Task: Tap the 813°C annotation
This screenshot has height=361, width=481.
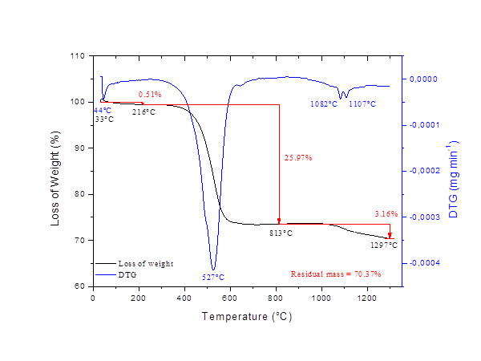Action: (281, 233)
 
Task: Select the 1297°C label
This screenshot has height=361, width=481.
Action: (384, 245)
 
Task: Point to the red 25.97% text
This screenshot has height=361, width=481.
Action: (298, 157)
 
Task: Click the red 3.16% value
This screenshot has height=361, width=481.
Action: (386, 213)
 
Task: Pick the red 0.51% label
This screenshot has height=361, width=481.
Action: (149, 95)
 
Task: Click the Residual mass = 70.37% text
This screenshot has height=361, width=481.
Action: (336, 274)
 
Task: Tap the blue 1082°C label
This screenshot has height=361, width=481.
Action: (324, 104)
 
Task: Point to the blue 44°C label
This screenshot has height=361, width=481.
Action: (103, 110)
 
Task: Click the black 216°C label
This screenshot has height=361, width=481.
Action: (143, 112)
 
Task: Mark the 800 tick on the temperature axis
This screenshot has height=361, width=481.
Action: (276, 298)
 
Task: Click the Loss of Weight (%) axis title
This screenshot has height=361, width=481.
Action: (56, 170)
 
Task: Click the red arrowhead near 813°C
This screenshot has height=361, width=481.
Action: (279, 221)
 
